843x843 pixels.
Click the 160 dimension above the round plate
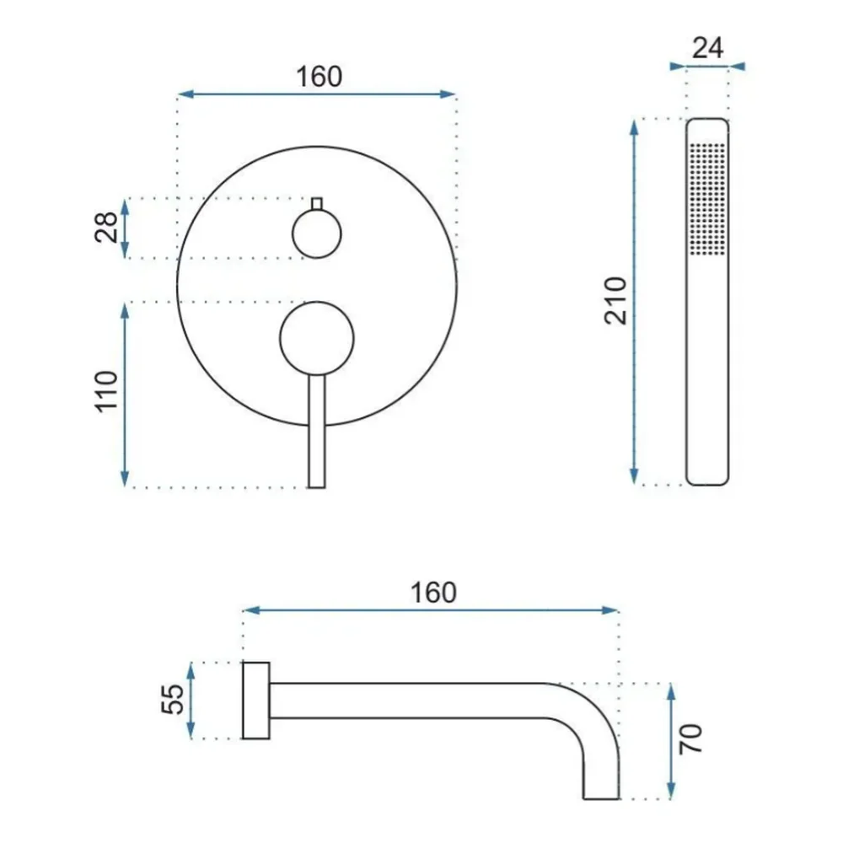319,77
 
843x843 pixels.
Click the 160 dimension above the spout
433,593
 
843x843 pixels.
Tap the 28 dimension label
106,227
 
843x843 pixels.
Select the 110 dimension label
106,391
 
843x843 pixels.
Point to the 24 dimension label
707,48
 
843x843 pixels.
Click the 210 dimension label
615,301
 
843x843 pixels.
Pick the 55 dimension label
173,699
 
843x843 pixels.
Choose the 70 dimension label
690,738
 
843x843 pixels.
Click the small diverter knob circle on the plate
317,234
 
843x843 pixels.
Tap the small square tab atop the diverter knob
317,204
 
